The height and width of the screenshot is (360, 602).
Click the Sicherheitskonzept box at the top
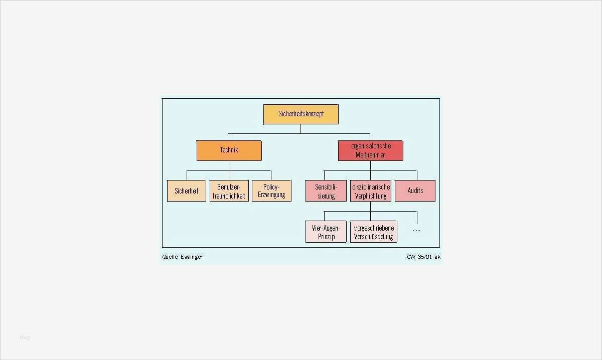(301, 114)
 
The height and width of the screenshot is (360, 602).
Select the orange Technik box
(229, 150)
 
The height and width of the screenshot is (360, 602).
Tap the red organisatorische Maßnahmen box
(370, 150)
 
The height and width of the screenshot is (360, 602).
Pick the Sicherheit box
(187, 191)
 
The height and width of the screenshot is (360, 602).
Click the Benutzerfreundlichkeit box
(229, 191)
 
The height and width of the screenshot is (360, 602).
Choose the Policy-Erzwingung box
(271, 191)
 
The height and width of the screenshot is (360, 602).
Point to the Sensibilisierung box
(326, 191)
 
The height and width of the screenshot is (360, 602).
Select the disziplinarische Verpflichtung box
(371, 191)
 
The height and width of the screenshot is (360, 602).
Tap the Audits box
(415, 191)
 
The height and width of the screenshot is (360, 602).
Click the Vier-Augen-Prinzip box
(326, 232)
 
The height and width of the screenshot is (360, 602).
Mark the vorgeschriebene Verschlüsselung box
(374, 232)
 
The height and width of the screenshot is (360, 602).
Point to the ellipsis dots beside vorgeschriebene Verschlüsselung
(416, 230)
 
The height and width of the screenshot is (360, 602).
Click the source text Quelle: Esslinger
(182, 257)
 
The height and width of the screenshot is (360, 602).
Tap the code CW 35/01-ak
(423, 257)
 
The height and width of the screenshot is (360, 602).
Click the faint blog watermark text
(25, 337)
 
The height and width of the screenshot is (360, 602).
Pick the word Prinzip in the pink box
(326, 237)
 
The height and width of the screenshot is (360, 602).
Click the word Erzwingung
(271, 195)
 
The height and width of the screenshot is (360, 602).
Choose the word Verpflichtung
(371, 196)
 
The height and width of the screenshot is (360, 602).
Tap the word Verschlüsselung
(374, 237)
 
